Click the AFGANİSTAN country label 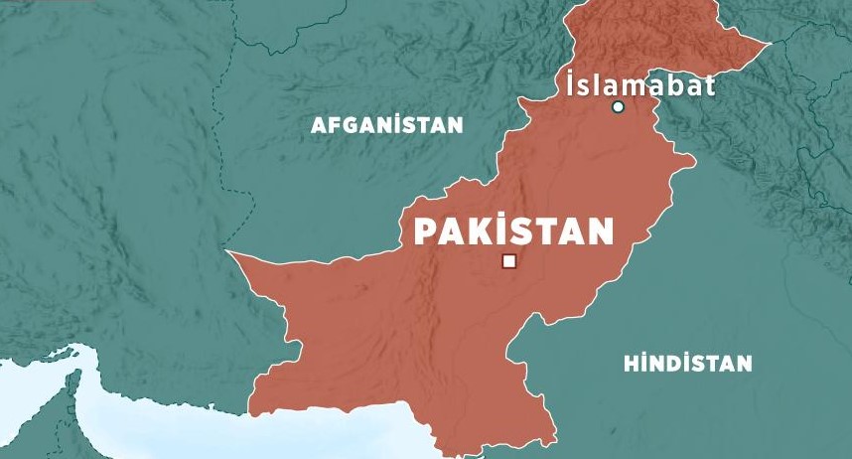386,125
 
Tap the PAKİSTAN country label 513,231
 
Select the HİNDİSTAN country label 687,364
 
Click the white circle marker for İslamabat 618,107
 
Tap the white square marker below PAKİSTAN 509,261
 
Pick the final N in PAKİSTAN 599,232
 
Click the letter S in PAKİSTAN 520,232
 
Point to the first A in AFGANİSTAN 320,125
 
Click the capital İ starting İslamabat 570,85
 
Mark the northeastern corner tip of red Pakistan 772,44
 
